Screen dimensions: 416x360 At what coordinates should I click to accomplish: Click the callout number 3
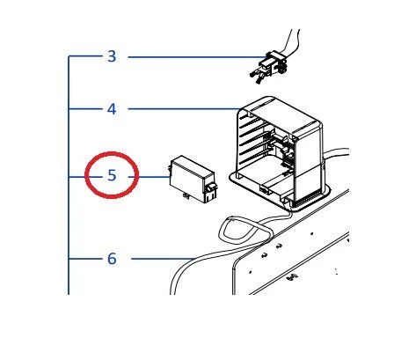tap(112, 56)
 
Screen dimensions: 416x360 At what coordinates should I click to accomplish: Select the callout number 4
tap(112, 109)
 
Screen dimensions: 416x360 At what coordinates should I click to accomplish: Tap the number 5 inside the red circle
tap(112, 175)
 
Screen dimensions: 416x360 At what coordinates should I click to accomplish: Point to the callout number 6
tap(112, 259)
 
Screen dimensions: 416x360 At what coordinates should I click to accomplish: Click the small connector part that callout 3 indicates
tap(268, 68)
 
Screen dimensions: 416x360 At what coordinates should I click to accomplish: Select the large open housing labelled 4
tap(280, 152)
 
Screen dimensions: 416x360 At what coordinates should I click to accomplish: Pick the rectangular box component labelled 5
tap(193, 180)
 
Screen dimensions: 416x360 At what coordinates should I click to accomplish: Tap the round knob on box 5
tap(210, 187)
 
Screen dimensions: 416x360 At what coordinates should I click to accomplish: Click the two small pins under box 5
tap(186, 196)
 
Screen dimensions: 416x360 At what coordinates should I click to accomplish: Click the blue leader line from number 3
tap(197, 57)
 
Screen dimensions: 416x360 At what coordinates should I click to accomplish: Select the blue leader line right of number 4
tap(184, 109)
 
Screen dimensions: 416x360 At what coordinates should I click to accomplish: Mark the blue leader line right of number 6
tap(163, 259)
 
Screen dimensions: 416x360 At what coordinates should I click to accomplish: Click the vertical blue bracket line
tap(69, 175)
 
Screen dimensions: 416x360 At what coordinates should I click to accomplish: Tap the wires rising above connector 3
tap(290, 41)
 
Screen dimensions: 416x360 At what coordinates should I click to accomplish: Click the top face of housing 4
tap(281, 116)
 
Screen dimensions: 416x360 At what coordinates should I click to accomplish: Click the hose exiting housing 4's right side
tap(337, 152)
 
